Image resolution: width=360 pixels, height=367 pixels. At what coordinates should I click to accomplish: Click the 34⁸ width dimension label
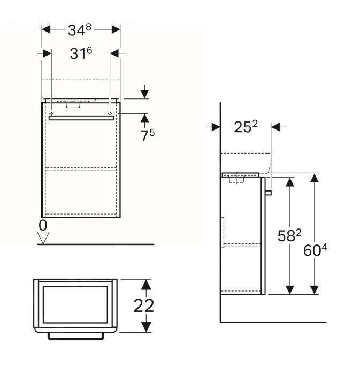pyautogui.click(x=80, y=30)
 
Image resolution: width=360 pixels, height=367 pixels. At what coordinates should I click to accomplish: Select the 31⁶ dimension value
pyautogui.click(x=80, y=53)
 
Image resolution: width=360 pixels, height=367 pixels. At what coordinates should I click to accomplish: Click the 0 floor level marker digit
pyautogui.click(x=43, y=224)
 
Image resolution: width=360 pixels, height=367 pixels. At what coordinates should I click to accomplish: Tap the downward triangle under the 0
pyautogui.click(x=43, y=237)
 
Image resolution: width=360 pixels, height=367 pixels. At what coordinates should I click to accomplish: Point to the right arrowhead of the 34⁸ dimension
pyautogui.click(x=116, y=29)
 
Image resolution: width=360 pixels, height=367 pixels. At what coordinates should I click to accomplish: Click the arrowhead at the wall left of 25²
pyautogui.click(x=216, y=127)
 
